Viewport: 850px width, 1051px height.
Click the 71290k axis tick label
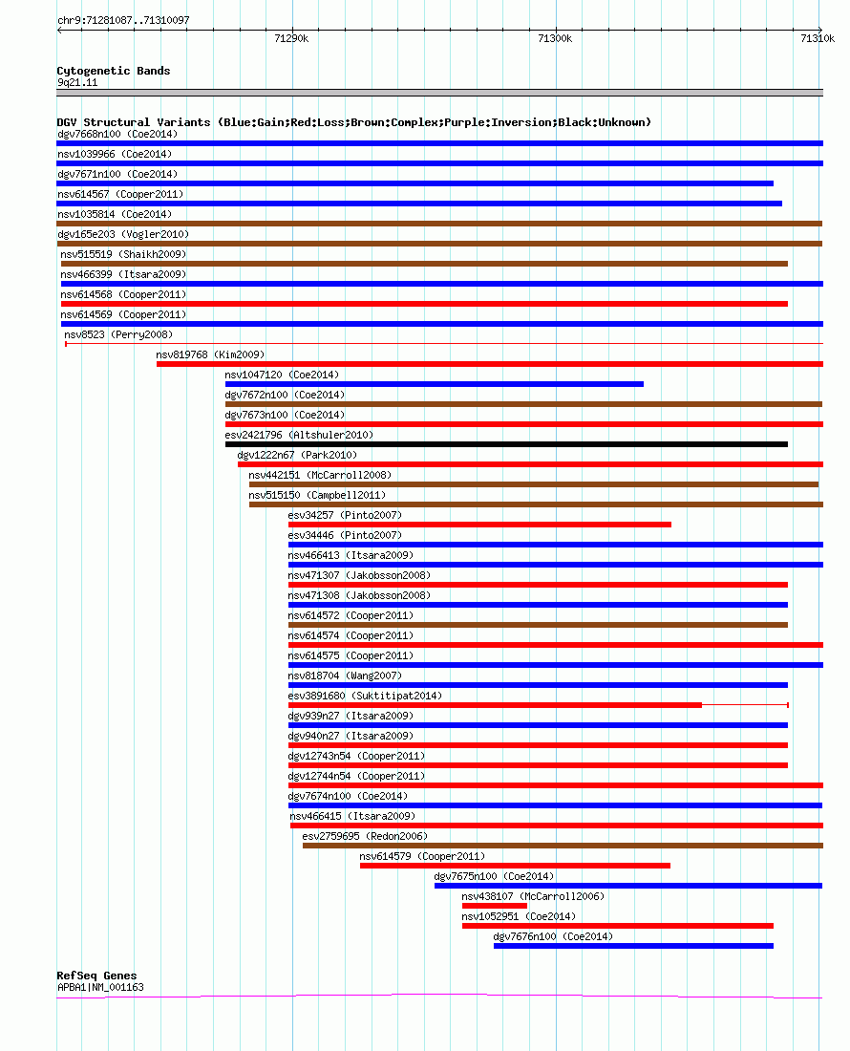point(291,39)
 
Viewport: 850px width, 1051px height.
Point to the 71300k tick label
point(555,39)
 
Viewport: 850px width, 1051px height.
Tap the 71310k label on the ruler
point(818,39)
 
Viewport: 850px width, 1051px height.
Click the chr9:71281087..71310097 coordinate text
point(123,20)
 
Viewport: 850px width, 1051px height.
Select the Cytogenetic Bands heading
point(114,71)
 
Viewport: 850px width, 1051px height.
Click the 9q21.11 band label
point(77,82)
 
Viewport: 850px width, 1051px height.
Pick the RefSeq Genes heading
point(96,976)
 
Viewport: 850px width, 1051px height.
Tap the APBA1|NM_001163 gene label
point(100,987)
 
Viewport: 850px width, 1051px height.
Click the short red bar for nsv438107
point(495,906)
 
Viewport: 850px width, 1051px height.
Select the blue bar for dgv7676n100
point(633,946)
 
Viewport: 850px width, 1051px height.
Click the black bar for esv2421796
point(506,444)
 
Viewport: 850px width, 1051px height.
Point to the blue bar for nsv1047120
point(434,384)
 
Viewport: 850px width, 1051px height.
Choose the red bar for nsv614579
point(515,866)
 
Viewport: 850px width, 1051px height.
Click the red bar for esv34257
point(479,525)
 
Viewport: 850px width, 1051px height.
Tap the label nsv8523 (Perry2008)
point(118,334)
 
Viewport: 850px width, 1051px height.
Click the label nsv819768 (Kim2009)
point(210,354)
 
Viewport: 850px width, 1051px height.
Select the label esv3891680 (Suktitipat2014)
point(365,696)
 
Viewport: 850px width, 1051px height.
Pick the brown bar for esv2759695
point(563,846)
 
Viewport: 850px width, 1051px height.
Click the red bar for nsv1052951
point(618,926)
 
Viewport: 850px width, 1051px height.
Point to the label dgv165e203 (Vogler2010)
point(123,234)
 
